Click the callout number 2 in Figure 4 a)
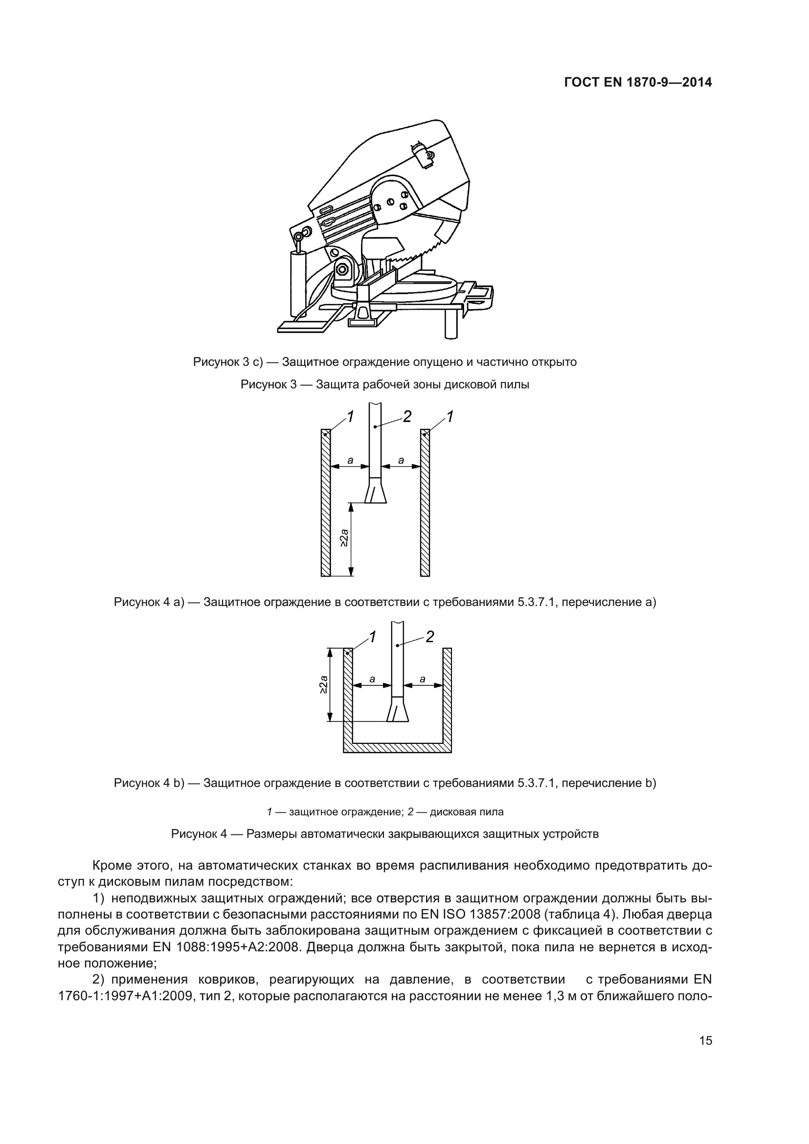(x=407, y=417)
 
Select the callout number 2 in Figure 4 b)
(x=429, y=637)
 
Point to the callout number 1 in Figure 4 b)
(x=372, y=637)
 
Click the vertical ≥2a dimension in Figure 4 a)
(x=344, y=539)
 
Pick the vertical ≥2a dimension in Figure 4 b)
(x=323, y=684)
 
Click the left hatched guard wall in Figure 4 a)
(x=325, y=503)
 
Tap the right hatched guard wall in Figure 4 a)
(x=425, y=503)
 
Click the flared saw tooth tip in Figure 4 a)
(x=376, y=493)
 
